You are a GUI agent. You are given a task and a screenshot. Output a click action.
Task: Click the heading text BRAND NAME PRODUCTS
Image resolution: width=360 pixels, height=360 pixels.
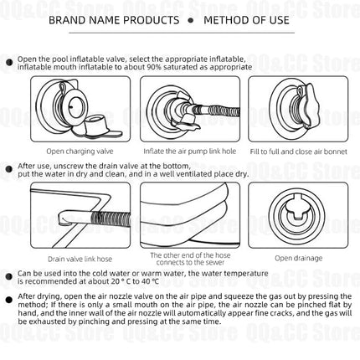114,20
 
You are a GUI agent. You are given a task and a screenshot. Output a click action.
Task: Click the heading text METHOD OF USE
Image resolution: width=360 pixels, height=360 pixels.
246,20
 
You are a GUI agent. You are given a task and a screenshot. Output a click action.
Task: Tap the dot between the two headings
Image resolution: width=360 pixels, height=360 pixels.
191,20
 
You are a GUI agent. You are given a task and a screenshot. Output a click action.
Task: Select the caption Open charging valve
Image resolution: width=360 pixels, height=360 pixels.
80,152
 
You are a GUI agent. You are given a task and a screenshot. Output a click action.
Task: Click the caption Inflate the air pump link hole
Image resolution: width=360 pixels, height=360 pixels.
190,152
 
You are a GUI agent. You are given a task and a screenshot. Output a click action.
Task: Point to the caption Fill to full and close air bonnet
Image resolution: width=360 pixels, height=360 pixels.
299,152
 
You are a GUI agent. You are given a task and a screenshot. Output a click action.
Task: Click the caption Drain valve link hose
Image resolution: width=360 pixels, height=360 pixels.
80,259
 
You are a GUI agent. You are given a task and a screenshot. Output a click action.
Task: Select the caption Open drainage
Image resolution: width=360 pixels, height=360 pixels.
299,258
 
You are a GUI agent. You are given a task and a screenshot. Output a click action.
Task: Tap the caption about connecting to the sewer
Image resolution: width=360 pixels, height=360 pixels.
190,259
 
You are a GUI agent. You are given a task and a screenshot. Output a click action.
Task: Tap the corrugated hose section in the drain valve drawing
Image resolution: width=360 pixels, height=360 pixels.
111,218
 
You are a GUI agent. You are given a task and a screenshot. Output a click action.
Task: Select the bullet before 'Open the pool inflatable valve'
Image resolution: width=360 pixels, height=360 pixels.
9,62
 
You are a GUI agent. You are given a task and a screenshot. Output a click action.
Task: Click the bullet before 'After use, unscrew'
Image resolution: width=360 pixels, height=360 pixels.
9,169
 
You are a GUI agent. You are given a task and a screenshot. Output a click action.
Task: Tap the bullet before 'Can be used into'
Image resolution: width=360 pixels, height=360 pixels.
9,276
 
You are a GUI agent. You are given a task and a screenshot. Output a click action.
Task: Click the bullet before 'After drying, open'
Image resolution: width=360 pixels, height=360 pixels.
9,300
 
